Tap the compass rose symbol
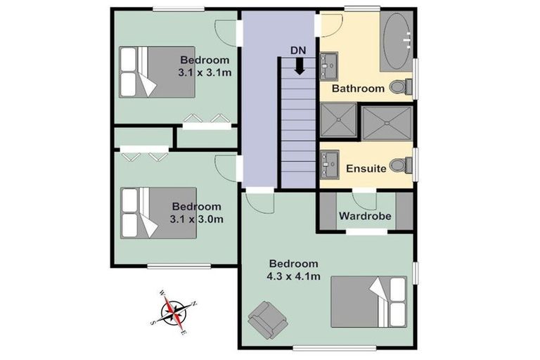coord(173,309)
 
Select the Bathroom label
coord(358,89)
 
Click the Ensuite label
coord(366,169)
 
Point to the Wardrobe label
coord(365,216)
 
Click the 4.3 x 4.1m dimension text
coord(295,276)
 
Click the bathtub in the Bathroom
coord(398,41)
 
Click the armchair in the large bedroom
coord(266,318)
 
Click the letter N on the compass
coord(194,304)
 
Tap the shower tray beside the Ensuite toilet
coord(386,121)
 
